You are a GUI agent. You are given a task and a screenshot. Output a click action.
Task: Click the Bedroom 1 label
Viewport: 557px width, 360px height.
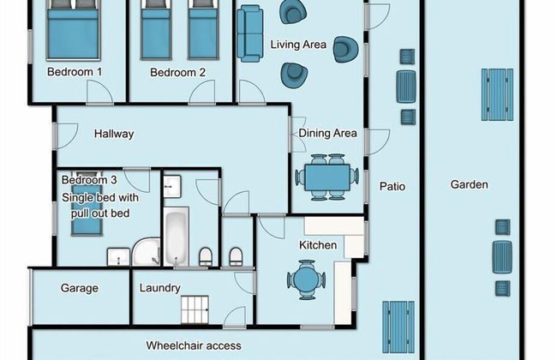(75, 72)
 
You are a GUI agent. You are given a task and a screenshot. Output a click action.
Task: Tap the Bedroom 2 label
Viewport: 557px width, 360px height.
(177, 73)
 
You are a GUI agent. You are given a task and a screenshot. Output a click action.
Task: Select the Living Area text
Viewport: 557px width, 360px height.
(298, 45)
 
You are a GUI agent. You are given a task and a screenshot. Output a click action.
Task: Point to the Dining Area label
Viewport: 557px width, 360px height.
(327, 133)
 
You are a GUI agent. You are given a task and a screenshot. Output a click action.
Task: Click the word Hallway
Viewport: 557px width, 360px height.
(114, 134)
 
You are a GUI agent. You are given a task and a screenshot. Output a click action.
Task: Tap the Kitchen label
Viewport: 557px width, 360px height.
(318, 245)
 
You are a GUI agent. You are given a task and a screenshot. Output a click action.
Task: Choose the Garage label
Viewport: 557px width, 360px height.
(80, 288)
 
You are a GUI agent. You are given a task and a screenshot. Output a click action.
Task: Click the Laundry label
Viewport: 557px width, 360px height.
(160, 288)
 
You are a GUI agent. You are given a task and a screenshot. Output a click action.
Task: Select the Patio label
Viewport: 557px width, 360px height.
(392, 186)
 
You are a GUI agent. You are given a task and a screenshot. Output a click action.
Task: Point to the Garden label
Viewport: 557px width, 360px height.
(470, 184)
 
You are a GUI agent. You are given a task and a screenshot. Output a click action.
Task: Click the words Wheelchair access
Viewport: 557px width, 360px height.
(194, 345)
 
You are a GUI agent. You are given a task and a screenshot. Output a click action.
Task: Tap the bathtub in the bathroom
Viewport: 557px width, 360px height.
(176, 237)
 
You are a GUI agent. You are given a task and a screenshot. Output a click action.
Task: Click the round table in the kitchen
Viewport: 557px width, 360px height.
(306, 279)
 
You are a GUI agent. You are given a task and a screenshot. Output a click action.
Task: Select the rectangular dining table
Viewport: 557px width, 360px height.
(327, 177)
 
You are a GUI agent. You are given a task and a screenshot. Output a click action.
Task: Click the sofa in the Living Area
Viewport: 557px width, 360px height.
(249, 33)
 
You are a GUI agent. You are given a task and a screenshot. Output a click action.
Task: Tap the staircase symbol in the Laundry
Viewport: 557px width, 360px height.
(195, 309)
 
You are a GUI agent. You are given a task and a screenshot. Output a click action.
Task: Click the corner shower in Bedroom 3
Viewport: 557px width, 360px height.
(147, 252)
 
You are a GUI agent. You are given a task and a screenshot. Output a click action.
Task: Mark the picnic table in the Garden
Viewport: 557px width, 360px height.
(497, 95)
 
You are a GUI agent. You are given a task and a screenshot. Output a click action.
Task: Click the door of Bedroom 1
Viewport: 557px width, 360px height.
(99, 93)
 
